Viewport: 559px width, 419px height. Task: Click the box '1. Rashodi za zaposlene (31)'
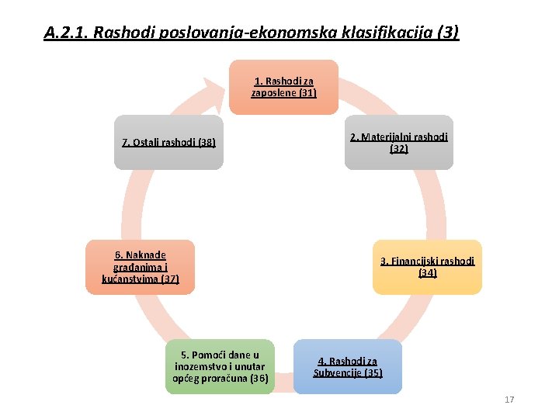click(x=283, y=87)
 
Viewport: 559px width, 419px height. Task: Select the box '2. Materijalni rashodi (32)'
click(x=398, y=143)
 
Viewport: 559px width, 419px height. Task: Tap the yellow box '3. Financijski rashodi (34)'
click(x=427, y=267)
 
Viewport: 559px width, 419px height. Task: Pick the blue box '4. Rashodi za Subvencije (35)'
click(x=348, y=366)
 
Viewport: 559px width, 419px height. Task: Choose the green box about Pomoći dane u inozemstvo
click(x=220, y=366)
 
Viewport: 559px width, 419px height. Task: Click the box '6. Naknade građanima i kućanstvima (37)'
click(x=141, y=267)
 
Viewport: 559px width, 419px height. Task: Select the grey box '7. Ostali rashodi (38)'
click(x=168, y=143)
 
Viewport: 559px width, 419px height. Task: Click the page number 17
click(x=509, y=400)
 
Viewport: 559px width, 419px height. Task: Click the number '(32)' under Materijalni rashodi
click(x=399, y=149)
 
